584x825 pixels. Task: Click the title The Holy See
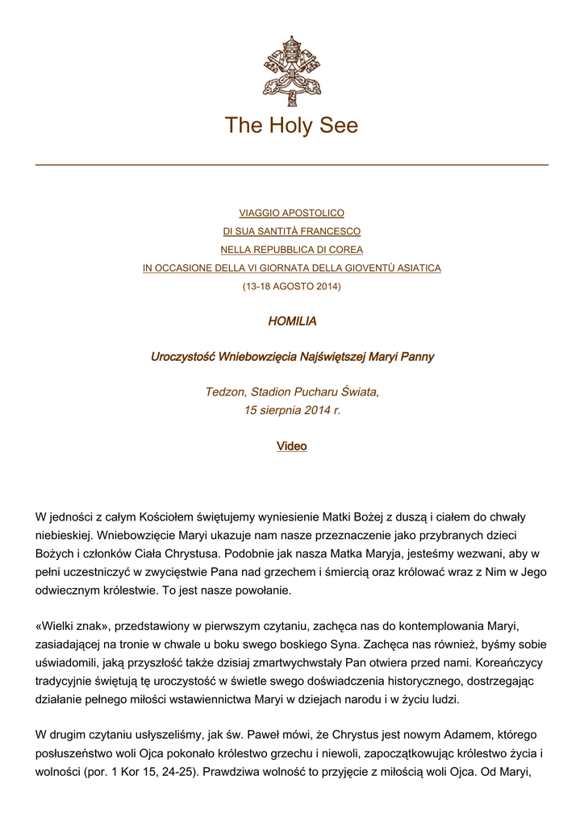(291, 126)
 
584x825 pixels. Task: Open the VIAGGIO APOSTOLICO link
(291, 214)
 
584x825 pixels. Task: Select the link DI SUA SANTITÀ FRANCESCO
(291, 231)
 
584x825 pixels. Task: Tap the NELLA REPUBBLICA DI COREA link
(291, 250)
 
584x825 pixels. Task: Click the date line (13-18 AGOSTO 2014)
(291, 286)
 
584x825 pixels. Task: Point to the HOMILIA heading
(291, 321)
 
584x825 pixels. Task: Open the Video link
(291, 446)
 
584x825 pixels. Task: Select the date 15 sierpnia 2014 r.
(291, 410)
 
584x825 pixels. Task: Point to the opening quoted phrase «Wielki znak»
(70, 625)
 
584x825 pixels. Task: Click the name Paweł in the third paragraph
(258, 735)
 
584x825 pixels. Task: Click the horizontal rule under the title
(291, 165)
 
